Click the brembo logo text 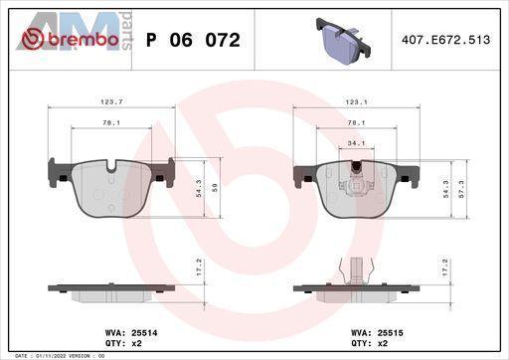[x=84, y=40]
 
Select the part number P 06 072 [x=193, y=40]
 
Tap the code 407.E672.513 [x=445, y=40]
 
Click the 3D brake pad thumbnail [x=343, y=41]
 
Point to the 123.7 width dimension [x=111, y=102]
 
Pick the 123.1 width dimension [x=356, y=102]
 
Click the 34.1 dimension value [x=356, y=143]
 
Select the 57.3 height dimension [x=461, y=189]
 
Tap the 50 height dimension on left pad [x=215, y=189]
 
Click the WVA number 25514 [x=144, y=332]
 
